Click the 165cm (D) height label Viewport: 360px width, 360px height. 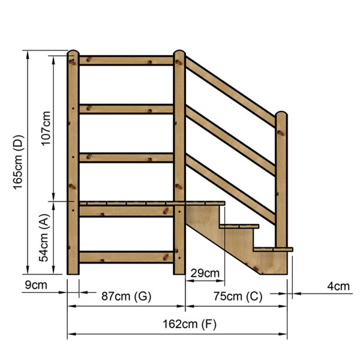pos(18,161)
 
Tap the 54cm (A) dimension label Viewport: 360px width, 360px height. pos(44,239)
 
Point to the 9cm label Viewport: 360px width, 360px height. pos(36,285)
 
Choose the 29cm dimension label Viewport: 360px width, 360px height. pos(205,274)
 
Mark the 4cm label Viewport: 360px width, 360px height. pos(338,286)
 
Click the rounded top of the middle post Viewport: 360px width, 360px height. pos(179,56)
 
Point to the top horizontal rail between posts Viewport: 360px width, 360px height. pos(126,61)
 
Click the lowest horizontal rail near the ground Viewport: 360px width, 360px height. pos(126,257)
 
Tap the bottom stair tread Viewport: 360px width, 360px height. pos(273,248)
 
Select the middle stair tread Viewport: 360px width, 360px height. pos(239,226)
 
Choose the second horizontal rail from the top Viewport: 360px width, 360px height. pos(126,109)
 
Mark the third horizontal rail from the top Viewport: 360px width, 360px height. pos(126,157)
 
